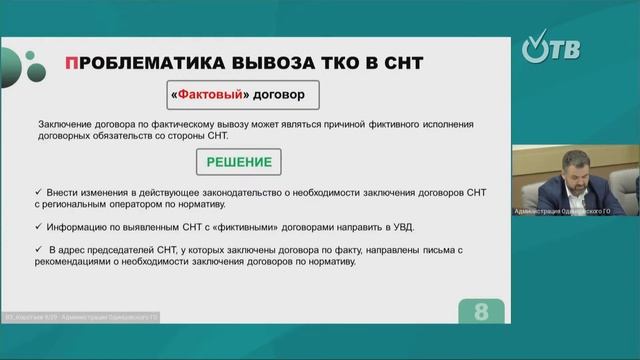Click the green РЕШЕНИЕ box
(x=231, y=160)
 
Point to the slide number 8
(x=480, y=311)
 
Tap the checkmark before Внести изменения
(x=36, y=188)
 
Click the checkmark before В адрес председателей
(x=36, y=247)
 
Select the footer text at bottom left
(x=79, y=317)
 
